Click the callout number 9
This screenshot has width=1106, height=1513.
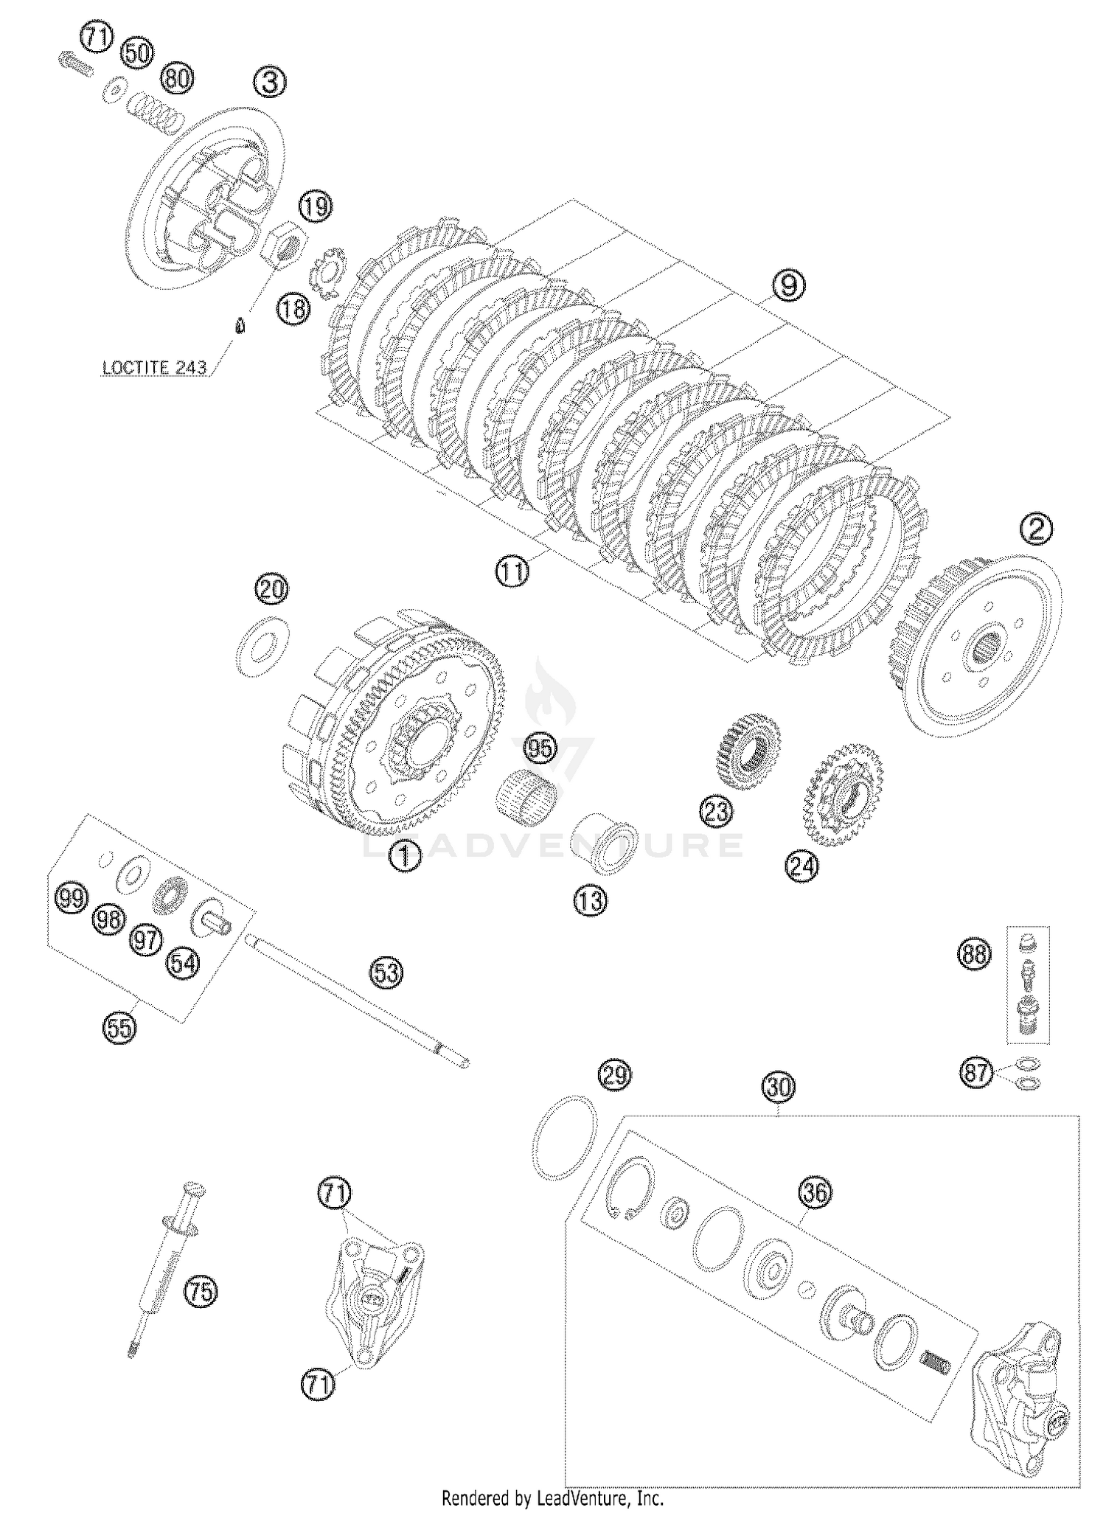point(788,285)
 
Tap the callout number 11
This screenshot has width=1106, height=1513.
point(512,571)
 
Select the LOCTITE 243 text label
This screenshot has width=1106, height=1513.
point(154,367)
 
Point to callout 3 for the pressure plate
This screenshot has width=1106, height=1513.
point(270,82)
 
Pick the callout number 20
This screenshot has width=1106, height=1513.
point(272,589)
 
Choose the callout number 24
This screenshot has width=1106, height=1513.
point(802,866)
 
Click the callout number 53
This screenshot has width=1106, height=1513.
point(386,973)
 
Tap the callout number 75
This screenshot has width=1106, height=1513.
point(201,1291)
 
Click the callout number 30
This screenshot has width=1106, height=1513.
point(779,1087)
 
